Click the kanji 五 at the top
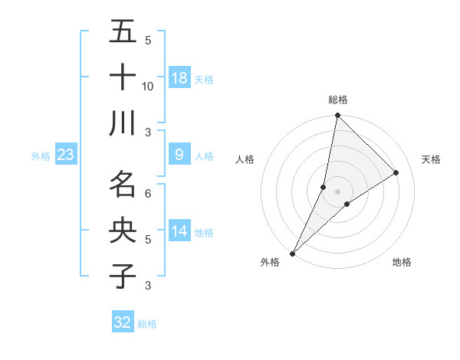[x=123, y=32]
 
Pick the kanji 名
[x=123, y=185]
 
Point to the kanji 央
[x=123, y=230]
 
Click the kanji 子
[x=123, y=276]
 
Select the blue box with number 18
[x=179, y=78]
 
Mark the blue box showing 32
[x=123, y=322]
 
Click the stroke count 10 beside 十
[x=148, y=86]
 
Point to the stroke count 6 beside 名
[x=148, y=193]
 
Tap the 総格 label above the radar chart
[x=338, y=100]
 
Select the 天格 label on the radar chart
[x=432, y=159]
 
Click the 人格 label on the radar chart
[x=245, y=159]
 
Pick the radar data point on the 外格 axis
[x=293, y=253]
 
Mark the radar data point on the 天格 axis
[x=396, y=172]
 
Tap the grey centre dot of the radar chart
[x=338, y=191]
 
